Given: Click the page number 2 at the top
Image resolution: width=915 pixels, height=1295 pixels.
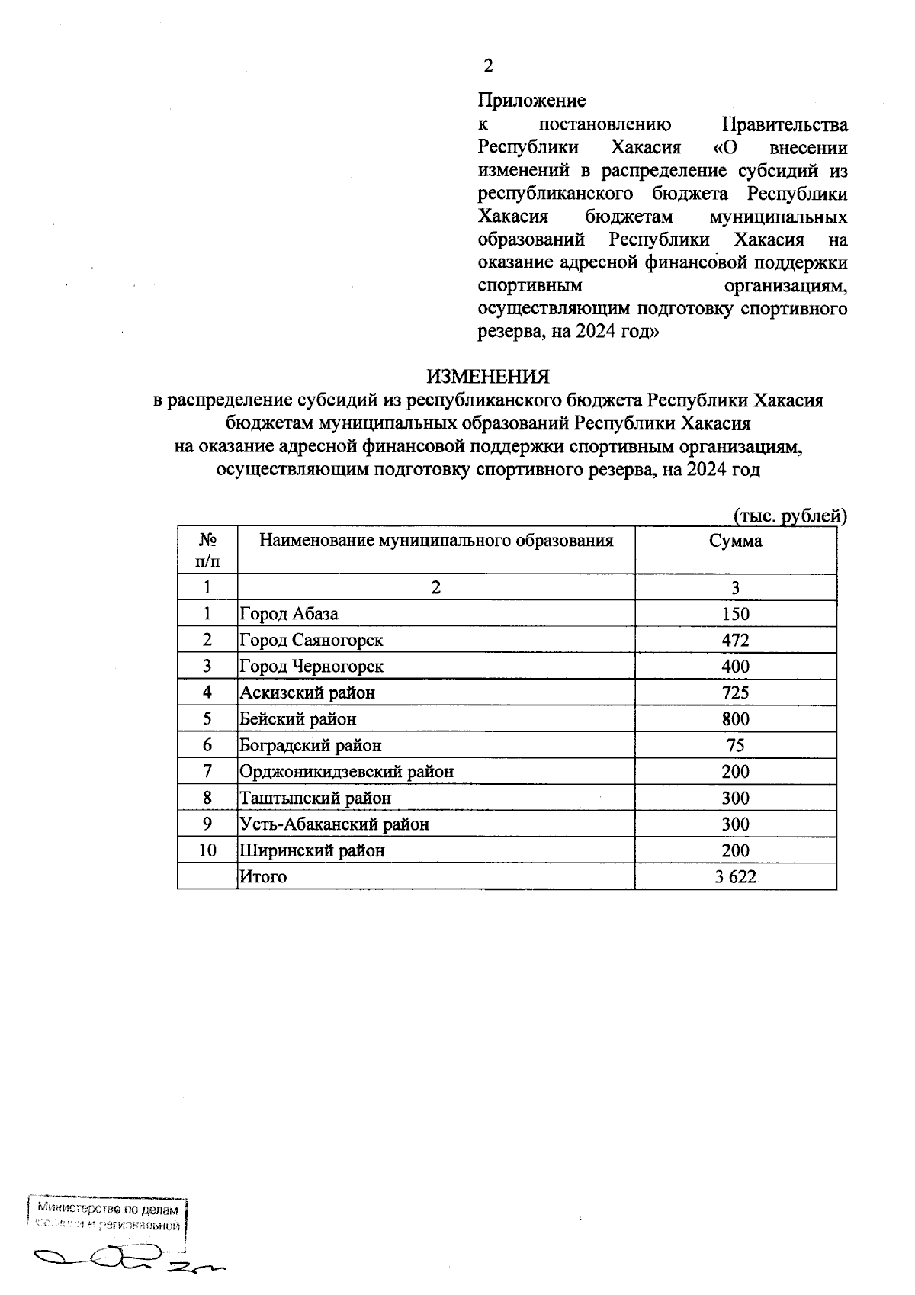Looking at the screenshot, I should pyautogui.click(x=488, y=66).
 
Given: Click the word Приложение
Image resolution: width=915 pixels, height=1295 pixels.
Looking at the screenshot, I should pyautogui.click(x=531, y=101).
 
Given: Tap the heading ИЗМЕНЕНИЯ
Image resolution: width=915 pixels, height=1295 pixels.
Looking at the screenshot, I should pyautogui.click(x=487, y=377).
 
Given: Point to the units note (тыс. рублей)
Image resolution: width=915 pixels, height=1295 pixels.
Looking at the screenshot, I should pyautogui.click(x=790, y=516).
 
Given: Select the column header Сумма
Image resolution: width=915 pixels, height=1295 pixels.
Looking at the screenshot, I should pyautogui.click(x=735, y=541).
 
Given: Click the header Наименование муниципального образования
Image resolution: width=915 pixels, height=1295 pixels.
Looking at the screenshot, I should pyautogui.click(x=436, y=541).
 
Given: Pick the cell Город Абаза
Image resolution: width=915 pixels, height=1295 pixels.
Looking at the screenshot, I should pyautogui.click(x=289, y=614).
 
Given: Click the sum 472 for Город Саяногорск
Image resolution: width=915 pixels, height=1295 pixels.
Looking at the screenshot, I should pyautogui.click(x=735, y=640).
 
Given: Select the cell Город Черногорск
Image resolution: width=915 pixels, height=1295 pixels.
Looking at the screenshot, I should pyautogui.click(x=311, y=667).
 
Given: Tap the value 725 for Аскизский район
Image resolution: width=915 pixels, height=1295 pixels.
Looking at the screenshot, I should pyautogui.click(x=735, y=692).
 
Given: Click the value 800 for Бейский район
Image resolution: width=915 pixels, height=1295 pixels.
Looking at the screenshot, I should pyautogui.click(x=735, y=719).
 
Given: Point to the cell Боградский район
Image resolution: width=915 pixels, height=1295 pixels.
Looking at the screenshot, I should pyautogui.click(x=310, y=745).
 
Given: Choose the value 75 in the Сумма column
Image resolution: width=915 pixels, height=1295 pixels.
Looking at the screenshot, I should pyautogui.click(x=735, y=745).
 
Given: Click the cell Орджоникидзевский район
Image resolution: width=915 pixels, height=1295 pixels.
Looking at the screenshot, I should pyautogui.click(x=346, y=772).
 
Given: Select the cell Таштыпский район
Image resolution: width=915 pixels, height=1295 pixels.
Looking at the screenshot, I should pyautogui.click(x=315, y=799).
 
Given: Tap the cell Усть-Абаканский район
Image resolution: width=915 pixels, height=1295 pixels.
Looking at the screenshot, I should pyautogui.click(x=334, y=824).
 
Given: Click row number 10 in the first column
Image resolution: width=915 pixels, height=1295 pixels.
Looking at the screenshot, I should pyautogui.click(x=207, y=850).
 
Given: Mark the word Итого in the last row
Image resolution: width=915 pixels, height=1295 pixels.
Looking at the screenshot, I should pyautogui.click(x=263, y=877).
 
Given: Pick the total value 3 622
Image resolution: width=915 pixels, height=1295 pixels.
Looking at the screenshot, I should pyautogui.click(x=735, y=877).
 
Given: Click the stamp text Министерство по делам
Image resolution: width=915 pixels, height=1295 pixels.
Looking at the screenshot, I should pyautogui.click(x=108, y=1210).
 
